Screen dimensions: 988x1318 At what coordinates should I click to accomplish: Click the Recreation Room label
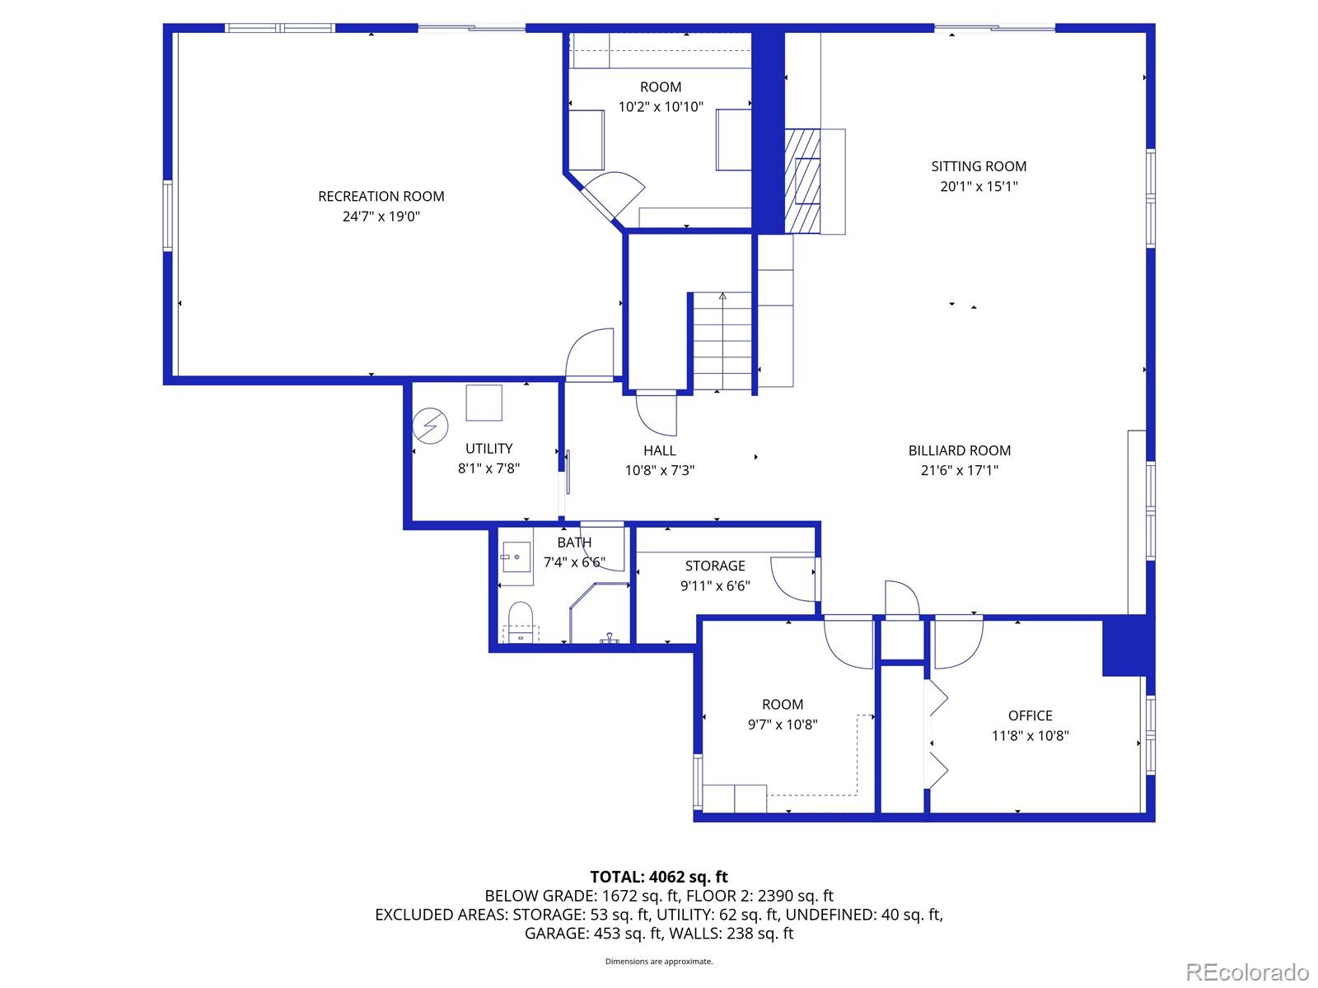click(x=381, y=196)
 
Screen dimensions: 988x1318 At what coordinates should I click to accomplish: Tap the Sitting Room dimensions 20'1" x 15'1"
click(x=979, y=186)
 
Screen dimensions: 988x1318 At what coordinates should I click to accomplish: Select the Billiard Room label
click(x=959, y=450)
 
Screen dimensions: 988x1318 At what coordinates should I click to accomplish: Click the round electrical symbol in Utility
click(x=430, y=426)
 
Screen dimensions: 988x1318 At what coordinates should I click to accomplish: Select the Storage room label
click(x=714, y=566)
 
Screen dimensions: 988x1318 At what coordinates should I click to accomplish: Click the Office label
click(x=1030, y=715)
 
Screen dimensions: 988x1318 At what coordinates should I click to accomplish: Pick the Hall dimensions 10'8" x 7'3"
click(x=659, y=471)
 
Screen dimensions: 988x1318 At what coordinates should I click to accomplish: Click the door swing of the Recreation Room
click(x=590, y=354)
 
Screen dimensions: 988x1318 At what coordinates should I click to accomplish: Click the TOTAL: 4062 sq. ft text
click(x=659, y=877)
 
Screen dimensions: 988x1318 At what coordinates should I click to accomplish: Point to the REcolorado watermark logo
click(x=1246, y=972)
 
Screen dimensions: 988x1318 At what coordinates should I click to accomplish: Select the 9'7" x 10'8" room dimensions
click(x=782, y=725)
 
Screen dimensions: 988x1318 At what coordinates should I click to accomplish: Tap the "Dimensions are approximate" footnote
click(x=659, y=961)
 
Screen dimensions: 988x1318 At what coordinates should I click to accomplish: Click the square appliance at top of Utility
click(x=484, y=403)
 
